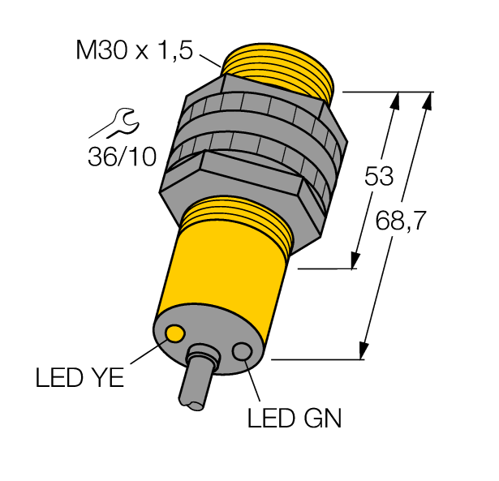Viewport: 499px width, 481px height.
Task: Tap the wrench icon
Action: pyautogui.click(x=114, y=124)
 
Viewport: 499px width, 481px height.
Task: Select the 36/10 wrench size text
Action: pyautogui.click(x=122, y=156)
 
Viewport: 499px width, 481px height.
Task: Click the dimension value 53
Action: pyautogui.click(x=378, y=176)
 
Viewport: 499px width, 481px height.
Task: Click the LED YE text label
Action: pyautogui.click(x=80, y=378)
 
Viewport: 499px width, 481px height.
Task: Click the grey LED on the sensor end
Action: pyautogui.click(x=242, y=351)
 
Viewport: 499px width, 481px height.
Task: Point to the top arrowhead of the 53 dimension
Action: pyautogui.click(x=395, y=99)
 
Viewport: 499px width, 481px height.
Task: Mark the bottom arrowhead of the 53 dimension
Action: pyautogui.click(x=355, y=261)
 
